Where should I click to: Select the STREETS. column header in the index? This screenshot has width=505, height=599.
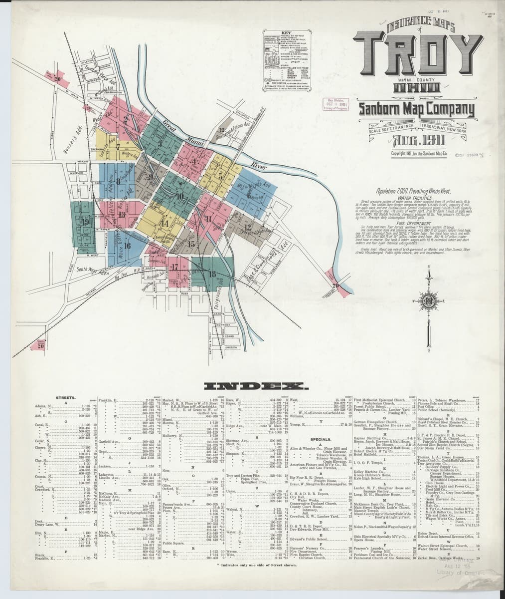point(66,398)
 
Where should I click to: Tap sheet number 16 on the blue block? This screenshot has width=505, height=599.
point(128,246)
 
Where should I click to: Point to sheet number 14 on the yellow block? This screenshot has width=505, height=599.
point(165,223)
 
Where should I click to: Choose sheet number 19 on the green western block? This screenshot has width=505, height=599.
point(85,221)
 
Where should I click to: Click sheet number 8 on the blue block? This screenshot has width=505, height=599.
point(118,182)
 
